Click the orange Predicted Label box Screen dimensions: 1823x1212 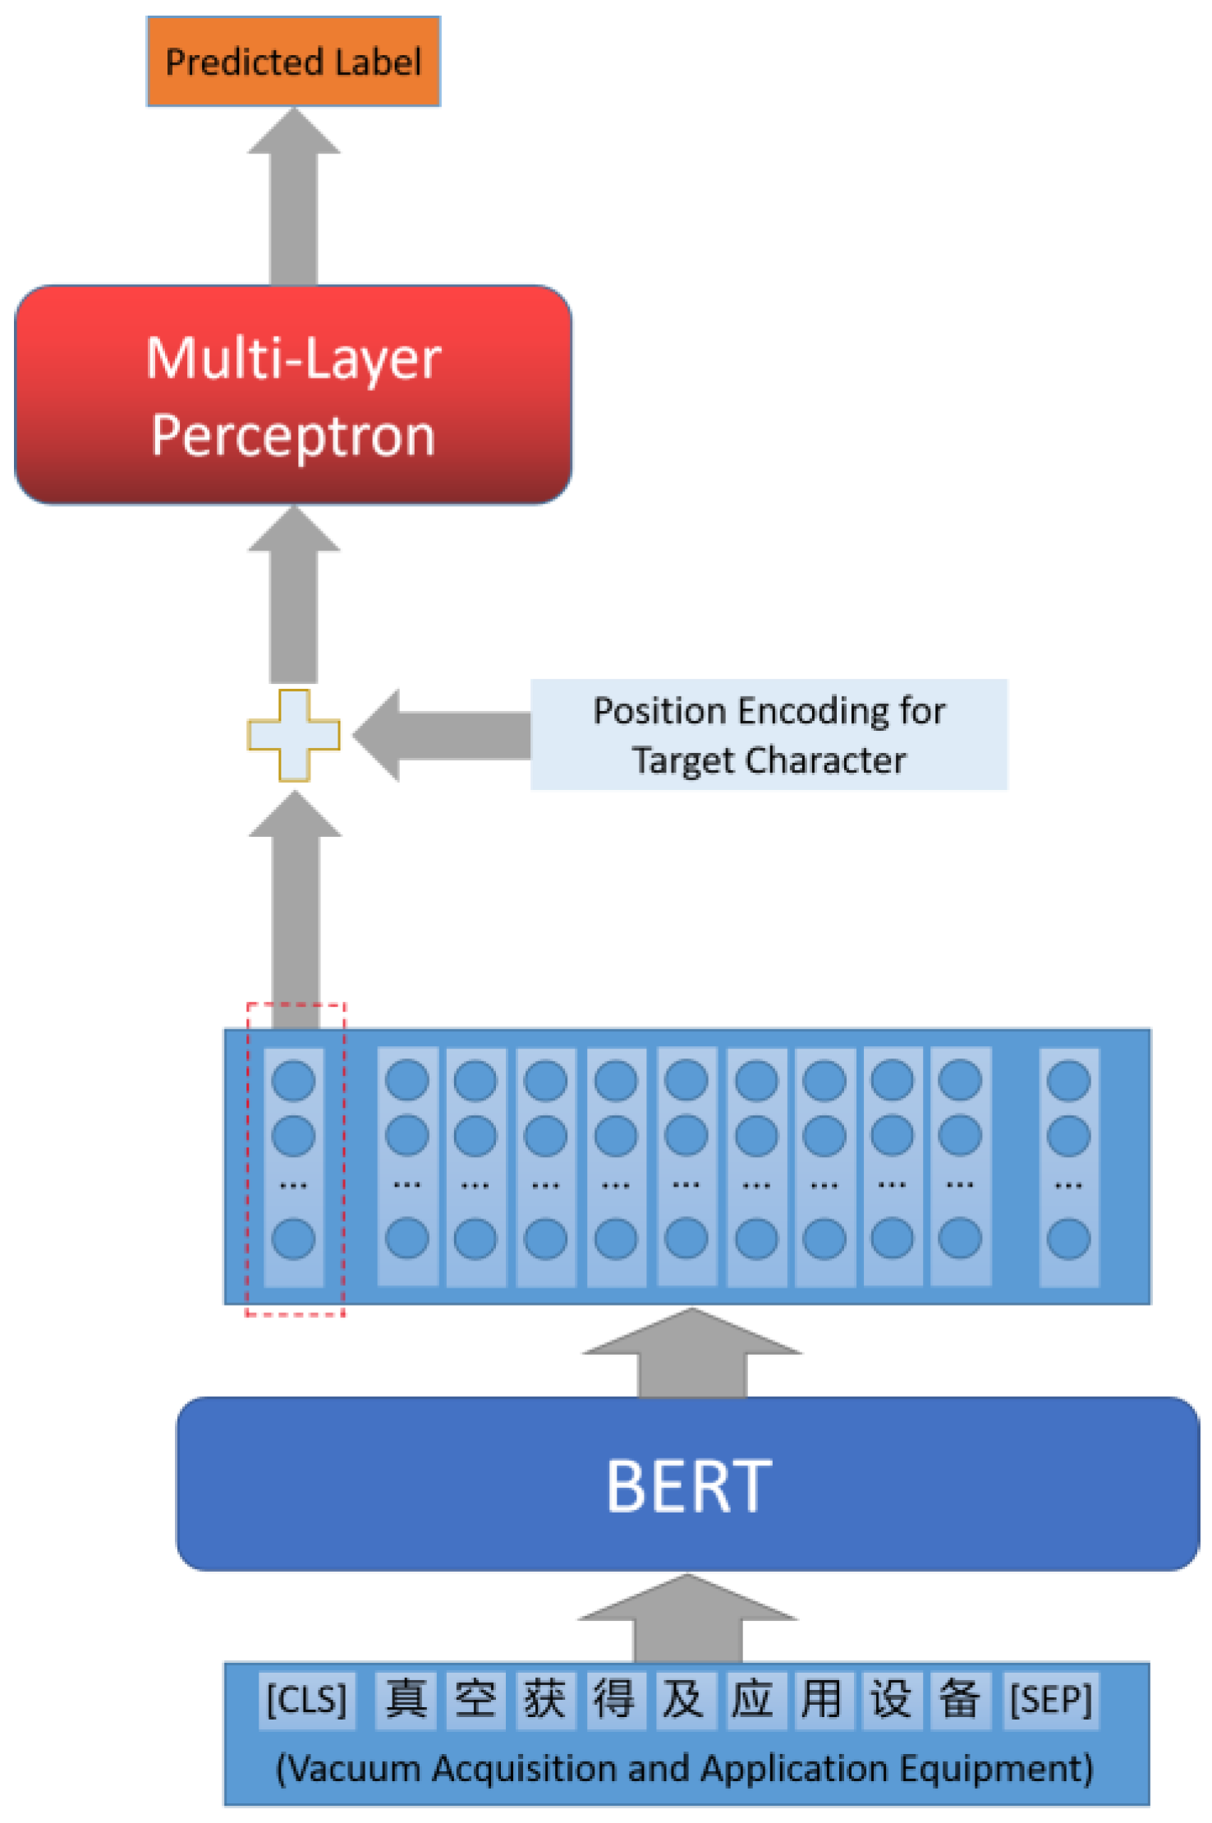[293, 62]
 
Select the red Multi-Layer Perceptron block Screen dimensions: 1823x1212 [293, 395]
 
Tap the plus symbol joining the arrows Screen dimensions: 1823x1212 [293, 735]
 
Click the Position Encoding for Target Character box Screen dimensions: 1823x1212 [769, 735]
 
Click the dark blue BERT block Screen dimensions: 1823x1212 [688, 1485]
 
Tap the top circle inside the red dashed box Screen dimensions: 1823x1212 [293, 1081]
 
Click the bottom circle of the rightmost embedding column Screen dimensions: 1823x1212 [1068, 1239]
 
